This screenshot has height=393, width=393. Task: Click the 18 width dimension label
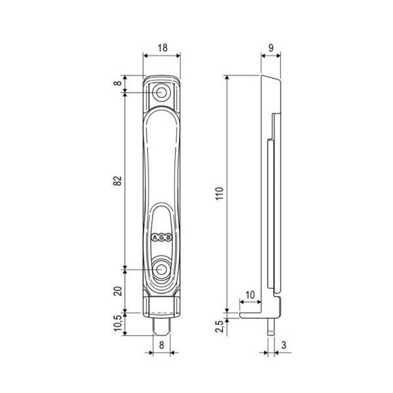click(x=162, y=47)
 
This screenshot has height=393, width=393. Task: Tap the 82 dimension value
click(x=117, y=181)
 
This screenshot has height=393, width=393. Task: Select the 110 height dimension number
click(x=219, y=193)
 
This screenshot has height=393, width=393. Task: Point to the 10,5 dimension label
click(x=118, y=323)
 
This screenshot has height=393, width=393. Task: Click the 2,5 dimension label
click(x=219, y=326)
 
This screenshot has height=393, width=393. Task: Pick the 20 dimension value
click(x=117, y=291)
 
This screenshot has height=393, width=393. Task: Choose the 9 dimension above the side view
click(x=271, y=48)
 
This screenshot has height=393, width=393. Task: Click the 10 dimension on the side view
click(x=250, y=295)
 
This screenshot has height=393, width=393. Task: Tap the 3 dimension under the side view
click(x=284, y=345)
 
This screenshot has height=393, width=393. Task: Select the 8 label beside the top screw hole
click(x=118, y=83)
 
